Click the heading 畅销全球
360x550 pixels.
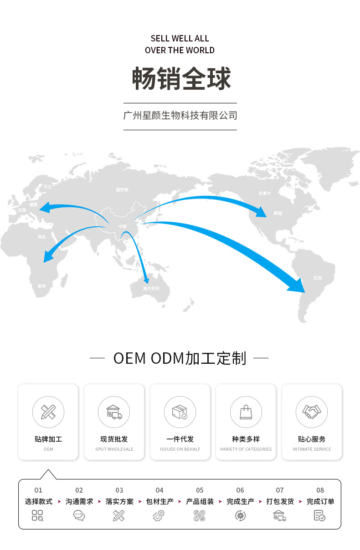tap(181, 78)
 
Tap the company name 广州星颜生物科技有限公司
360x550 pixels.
tap(180, 116)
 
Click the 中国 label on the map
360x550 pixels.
tap(123, 226)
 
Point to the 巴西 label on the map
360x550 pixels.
tap(317, 278)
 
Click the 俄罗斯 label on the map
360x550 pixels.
tap(122, 189)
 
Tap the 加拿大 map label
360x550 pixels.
tap(265, 193)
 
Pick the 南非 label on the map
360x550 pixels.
tap(42, 286)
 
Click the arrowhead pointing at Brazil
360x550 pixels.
tap(298, 285)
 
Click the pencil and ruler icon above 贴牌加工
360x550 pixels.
tap(48, 412)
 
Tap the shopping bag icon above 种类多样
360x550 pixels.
tap(246, 412)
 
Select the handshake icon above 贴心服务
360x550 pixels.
tap(312, 412)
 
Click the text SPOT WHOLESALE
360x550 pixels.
tap(114, 449)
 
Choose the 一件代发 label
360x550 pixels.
tap(180, 439)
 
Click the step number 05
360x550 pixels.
tap(200, 490)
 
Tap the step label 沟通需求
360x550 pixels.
tap(79, 501)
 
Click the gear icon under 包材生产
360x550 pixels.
tap(159, 515)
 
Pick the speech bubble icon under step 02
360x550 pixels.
tap(79, 515)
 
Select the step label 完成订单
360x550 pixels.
tap(320, 501)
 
